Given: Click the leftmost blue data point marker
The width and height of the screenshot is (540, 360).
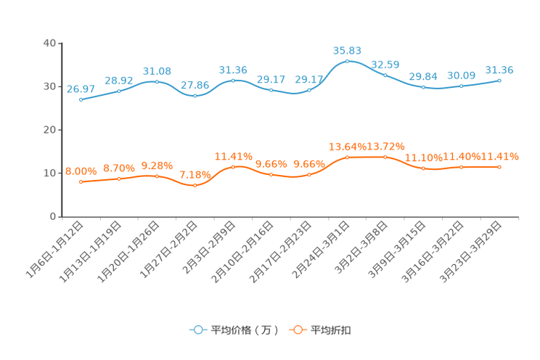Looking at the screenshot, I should pyautogui.click(x=81, y=100).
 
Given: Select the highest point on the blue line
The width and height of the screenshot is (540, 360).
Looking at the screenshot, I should pyautogui.click(x=347, y=61).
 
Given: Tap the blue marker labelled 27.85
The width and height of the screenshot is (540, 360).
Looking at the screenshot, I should pyautogui.click(x=195, y=96).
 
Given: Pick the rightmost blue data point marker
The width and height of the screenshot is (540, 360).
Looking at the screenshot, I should pyautogui.click(x=499, y=80).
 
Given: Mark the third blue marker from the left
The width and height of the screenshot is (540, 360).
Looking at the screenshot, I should pyautogui.click(x=157, y=81).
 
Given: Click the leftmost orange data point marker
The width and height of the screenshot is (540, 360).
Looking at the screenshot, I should pyautogui.click(x=81, y=182).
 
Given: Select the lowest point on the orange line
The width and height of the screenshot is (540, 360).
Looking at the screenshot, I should pyautogui.click(x=195, y=186).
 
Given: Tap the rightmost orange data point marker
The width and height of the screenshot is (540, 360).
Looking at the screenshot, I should pyautogui.click(x=499, y=166).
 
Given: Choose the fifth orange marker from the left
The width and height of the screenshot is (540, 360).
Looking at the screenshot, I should pyautogui.click(x=233, y=166).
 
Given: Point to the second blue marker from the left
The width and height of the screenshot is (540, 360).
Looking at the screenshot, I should pyautogui.click(x=118, y=91).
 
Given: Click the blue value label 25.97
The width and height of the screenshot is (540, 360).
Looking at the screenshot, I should pyautogui.click(x=81, y=89).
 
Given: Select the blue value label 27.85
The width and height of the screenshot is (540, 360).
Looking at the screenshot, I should pyautogui.click(x=195, y=85).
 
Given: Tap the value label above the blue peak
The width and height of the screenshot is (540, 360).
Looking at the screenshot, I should pyautogui.click(x=347, y=50).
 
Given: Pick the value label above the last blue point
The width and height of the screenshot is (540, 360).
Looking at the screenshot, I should pyautogui.click(x=499, y=70).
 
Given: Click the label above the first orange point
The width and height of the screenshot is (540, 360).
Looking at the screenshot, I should pyautogui.click(x=81, y=171).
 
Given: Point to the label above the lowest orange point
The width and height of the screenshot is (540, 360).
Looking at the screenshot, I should pyautogui.click(x=195, y=175).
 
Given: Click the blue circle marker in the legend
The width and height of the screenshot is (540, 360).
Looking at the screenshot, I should pyautogui.click(x=198, y=330).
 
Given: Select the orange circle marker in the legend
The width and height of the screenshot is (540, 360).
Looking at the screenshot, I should pyautogui.click(x=297, y=330).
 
